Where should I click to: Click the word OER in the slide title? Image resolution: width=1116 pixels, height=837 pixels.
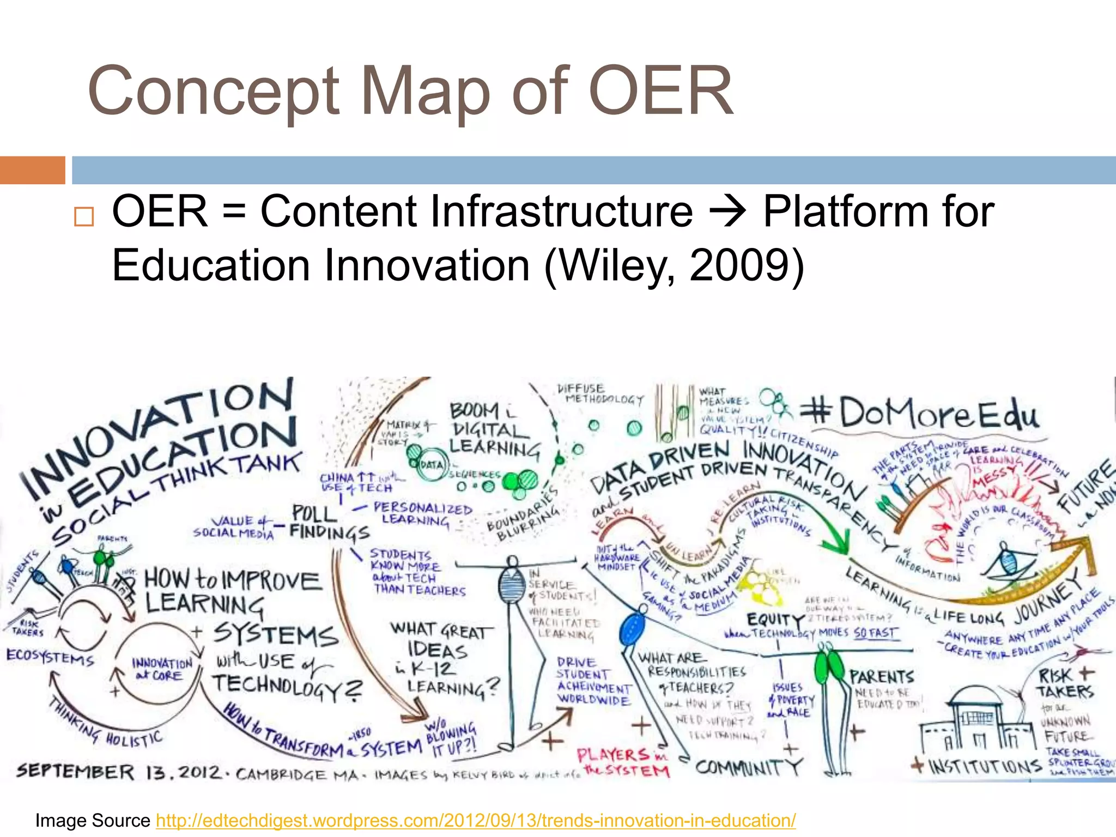click(x=660, y=90)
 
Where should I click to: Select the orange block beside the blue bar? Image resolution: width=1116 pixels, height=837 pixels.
click(x=32, y=170)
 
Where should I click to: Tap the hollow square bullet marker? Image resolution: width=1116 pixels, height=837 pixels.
click(x=84, y=217)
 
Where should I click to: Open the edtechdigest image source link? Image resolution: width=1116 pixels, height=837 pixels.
click(x=476, y=820)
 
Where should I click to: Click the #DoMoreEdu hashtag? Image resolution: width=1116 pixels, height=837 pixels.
click(x=920, y=413)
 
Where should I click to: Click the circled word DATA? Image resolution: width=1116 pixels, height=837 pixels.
click(x=432, y=465)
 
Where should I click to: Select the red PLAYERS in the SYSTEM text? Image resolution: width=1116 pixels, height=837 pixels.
click(x=623, y=762)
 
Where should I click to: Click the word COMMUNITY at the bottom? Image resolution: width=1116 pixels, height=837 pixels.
click(x=749, y=767)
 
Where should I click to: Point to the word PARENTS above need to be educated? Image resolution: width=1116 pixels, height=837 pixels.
click(x=881, y=677)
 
